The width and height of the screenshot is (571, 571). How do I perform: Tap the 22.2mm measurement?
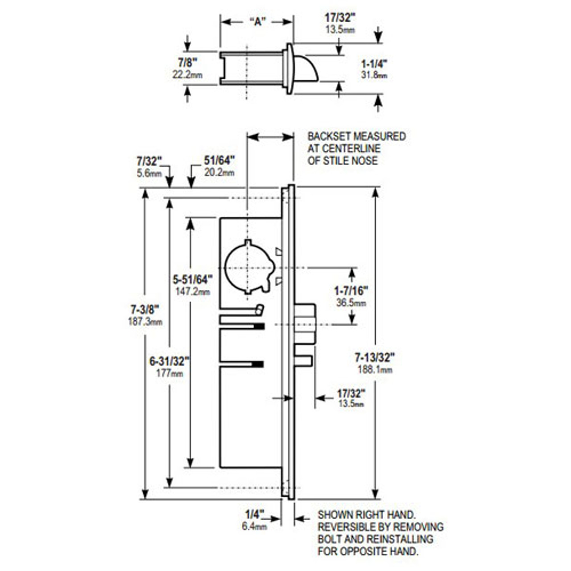tap(187, 74)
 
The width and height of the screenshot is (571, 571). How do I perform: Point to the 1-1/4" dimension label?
tap(374, 63)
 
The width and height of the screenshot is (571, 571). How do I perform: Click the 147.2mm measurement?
tap(193, 292)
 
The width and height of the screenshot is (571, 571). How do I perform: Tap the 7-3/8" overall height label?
tap(145, 309)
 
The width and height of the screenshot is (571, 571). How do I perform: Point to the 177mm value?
tap(170, 373)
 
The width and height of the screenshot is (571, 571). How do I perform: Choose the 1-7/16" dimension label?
tap(351, 291)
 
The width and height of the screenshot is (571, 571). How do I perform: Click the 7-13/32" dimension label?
tap(375, 357)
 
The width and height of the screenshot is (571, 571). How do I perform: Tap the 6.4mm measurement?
tap(254, 526)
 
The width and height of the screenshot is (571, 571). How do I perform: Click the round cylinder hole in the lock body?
tap(247, 268)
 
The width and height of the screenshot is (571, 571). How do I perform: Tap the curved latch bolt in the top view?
tap(307, 68)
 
